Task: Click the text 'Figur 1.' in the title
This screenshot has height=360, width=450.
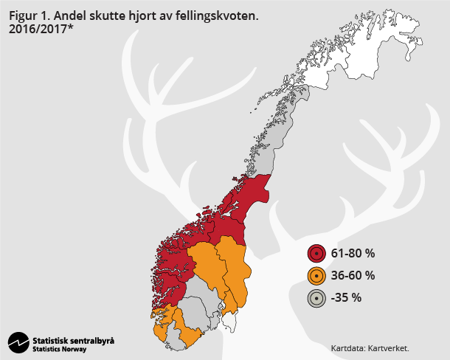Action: [x=30, y=14]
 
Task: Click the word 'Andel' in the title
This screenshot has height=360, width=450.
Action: [x=72, y=14]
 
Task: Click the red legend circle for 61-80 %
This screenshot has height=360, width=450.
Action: [x=316, y=254]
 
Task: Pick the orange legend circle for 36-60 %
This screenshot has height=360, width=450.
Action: [x=316, y=276]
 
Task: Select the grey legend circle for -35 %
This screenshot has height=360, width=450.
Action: [x=316, y=298]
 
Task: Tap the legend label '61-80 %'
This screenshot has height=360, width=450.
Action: [x=353, y=254]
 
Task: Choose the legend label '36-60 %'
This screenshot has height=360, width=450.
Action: [x=353, y=276]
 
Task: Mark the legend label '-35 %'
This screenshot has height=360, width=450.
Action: [x=346, y=298]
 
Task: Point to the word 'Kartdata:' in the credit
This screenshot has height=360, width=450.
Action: [x=347, y=347]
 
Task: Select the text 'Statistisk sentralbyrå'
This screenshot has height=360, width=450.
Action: [x=73, y=340]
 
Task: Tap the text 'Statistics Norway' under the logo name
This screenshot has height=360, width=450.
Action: [x=59, y=349]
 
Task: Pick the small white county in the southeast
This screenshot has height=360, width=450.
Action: [x=230, y=321]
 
